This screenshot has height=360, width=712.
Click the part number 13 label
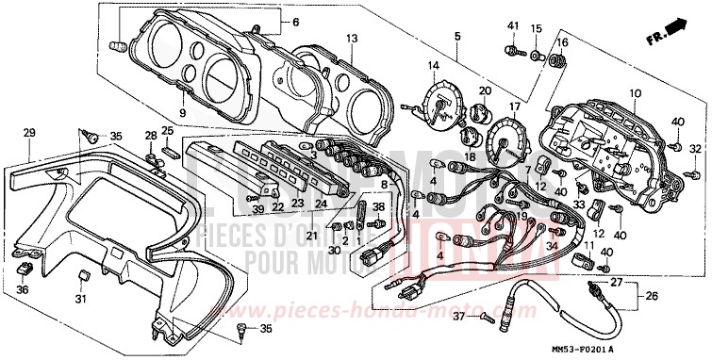352,39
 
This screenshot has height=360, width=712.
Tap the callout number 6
293,22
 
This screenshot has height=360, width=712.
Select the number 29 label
28,132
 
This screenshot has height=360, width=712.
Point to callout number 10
635,93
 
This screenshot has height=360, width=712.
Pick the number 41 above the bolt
513,25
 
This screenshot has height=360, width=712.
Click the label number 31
81,300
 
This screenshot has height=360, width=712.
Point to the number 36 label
22,289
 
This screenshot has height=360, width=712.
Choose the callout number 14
434,65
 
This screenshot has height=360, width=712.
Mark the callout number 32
696,149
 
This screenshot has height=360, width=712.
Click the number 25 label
167,130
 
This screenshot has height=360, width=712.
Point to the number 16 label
563,42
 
